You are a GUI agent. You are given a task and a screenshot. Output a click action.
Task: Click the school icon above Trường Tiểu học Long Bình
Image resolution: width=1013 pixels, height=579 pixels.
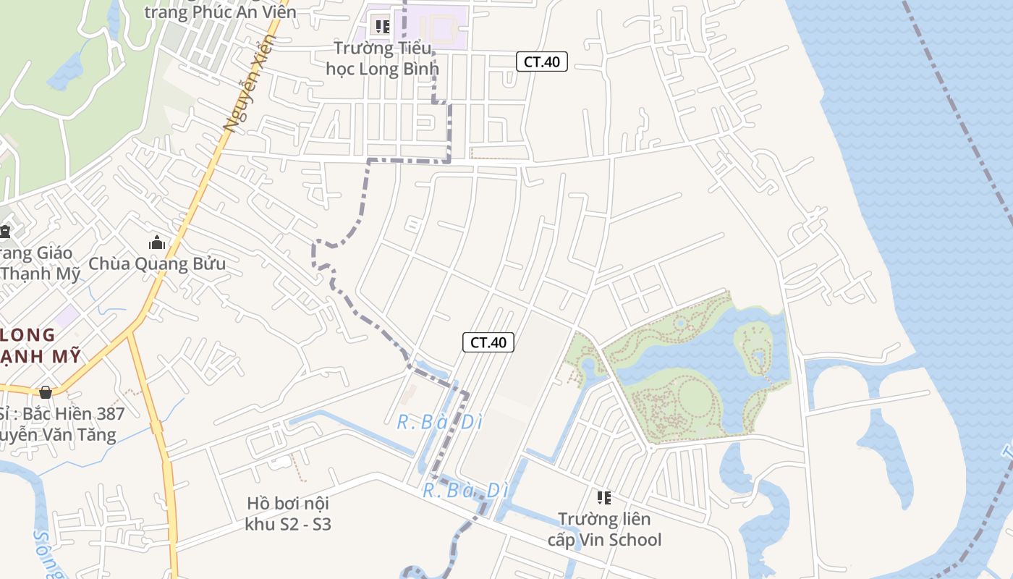382,27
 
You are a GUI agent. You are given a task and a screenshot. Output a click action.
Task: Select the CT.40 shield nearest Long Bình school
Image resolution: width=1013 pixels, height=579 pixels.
541,62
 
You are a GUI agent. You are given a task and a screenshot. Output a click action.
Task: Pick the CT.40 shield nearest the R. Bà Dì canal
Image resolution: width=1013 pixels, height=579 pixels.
488,342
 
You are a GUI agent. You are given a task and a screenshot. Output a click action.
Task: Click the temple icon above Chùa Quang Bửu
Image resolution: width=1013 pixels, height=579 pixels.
157,242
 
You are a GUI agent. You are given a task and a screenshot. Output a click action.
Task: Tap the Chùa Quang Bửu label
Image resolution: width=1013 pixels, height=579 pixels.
157,263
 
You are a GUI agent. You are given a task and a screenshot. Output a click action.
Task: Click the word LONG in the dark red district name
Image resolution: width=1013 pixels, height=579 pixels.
29,334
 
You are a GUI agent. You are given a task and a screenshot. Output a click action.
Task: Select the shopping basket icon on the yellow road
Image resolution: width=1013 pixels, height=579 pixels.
46,392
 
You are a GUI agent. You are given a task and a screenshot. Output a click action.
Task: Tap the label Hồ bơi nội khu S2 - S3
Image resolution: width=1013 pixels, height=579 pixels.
288,513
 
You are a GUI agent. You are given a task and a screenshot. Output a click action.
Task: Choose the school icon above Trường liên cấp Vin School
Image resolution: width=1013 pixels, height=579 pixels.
603,497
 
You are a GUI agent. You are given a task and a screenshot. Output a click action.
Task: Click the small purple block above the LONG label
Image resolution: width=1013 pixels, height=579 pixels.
67,316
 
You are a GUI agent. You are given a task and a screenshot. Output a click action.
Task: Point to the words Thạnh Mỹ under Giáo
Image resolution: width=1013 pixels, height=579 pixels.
30,274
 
